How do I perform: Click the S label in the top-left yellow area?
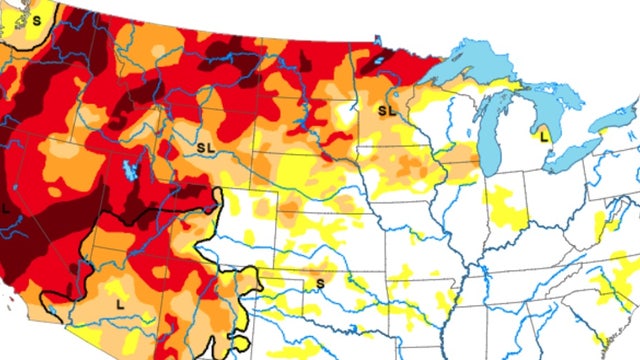point(37,19)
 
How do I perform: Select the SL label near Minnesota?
point(385,109)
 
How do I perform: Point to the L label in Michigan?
point(545,133)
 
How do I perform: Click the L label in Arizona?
point(120,300)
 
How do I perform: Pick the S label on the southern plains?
point(320,284)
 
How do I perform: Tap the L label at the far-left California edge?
point(6,208)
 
